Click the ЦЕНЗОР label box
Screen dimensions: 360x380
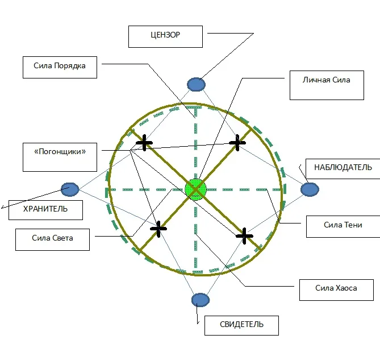click(x=165, y=36)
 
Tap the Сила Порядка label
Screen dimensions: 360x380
click(x=60, y=67)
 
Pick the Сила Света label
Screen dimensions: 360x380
click(x=52, y=239)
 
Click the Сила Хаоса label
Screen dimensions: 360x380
click(x=336, y=289)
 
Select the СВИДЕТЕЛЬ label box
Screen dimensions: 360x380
click(x=241, y=325)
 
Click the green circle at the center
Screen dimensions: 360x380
click(x=195, y=189)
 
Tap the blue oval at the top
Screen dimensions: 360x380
click(x=196, y=84)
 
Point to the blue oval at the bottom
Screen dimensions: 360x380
click(x=201, y=300)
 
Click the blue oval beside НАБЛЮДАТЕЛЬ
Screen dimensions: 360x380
click(x=310, y=189)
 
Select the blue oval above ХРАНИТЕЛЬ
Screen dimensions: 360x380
click(x=70, y=188)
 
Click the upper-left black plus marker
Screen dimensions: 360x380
click(x=144, y=143)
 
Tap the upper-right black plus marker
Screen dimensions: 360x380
click(x=237, y=143)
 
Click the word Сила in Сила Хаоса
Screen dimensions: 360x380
click(x=324, y=289)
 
